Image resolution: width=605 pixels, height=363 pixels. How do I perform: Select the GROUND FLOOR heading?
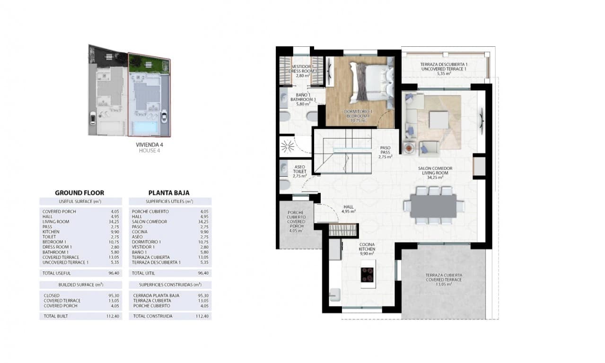(79, 193)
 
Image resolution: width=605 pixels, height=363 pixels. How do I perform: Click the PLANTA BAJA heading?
(169, 193)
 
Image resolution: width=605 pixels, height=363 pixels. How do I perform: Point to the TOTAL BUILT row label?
(56, 316)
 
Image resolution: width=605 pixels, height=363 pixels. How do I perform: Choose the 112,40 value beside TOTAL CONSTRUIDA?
(203, 316)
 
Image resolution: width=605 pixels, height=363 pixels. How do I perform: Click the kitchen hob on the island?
(367, 275)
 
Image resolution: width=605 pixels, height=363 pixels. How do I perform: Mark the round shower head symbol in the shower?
(287, 147)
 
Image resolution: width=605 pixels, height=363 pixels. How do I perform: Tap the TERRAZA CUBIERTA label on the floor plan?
(443, 277)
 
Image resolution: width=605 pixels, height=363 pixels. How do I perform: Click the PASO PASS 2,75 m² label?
(386, 152)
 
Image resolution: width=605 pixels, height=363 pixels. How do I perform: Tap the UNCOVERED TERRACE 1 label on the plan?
(443, 69)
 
